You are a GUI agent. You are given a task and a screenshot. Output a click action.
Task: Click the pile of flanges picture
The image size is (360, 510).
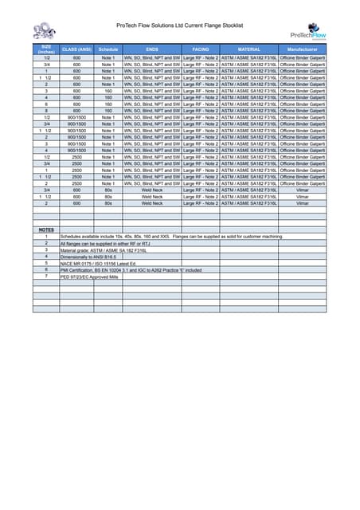tap(44, 33)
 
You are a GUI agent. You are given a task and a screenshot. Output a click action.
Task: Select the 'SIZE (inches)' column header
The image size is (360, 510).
tap(47, 49)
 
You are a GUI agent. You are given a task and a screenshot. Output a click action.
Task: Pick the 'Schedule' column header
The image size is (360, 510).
tap(108, 49)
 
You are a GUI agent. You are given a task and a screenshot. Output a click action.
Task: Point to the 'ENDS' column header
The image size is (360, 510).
tap(152, 49)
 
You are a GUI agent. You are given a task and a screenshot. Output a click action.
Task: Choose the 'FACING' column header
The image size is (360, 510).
tap(201, 49)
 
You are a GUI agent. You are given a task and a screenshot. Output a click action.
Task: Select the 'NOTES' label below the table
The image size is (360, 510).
tap(47, 229)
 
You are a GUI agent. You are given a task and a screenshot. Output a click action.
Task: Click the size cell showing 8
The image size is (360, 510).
tap(47, 111)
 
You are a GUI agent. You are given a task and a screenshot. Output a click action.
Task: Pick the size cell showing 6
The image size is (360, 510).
tap(47, 104)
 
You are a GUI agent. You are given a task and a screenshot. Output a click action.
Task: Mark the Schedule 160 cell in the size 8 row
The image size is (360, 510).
tap(108, 111)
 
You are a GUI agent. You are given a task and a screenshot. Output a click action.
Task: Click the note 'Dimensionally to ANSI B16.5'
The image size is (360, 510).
tap(88, 256)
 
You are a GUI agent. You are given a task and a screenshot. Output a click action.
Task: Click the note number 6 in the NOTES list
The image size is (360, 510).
tap(47, 269)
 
